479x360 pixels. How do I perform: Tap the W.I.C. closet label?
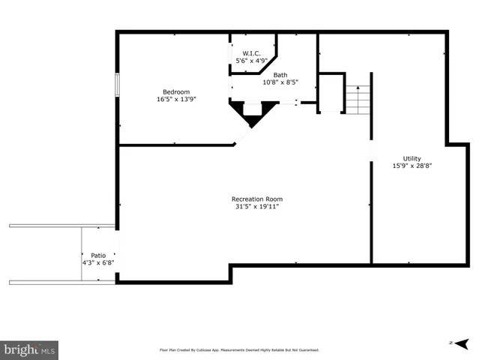pos(251,52)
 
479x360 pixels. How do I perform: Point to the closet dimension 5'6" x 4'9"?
pos(251,60)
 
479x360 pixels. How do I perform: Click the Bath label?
pos(280,75)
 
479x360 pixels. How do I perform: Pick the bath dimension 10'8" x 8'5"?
pos(280,82)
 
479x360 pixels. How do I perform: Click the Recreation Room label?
pos(257,199)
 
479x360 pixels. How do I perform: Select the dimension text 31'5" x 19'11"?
pos(257,206)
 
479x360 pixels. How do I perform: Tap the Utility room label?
pos(412,158)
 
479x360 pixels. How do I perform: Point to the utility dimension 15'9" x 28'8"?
pos(412,166)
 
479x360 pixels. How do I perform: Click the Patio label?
pos(98,255)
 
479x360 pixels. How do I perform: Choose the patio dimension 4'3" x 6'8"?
pos(98,262)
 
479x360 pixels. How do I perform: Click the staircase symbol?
pos(358,99)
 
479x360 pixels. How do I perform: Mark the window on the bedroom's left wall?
pos(117,84)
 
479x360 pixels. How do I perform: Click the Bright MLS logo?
pos(30,349)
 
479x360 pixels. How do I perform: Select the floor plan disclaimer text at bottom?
pos(240,349)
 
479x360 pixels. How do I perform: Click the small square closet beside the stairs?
pos(331,92)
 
